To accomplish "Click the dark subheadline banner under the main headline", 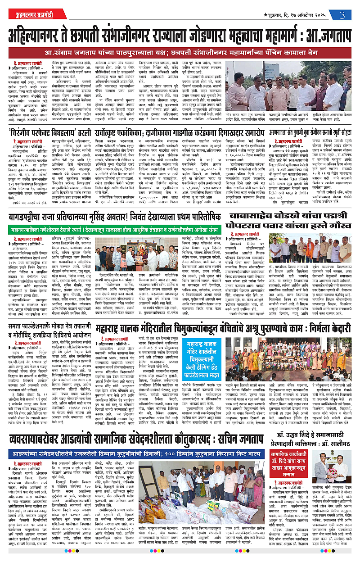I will click(x=180, y=52).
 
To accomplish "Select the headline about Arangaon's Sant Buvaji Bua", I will click(x=310, y=134).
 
